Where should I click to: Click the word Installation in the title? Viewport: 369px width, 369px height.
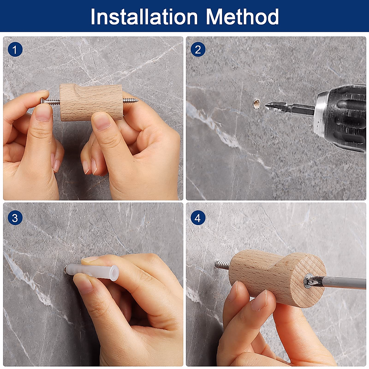(144, 17)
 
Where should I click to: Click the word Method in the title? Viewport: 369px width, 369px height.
(242, 17)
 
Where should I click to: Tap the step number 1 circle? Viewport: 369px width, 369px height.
(15, 50)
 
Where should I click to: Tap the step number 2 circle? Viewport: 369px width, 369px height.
(198, 50)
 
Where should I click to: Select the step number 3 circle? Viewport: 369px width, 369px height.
(15, 218)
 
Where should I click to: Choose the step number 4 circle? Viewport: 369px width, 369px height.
(198, 218)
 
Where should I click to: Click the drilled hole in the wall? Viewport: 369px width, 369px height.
(256, 104)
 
